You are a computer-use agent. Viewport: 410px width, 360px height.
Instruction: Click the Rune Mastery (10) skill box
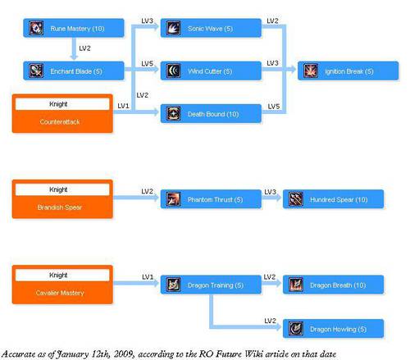74,28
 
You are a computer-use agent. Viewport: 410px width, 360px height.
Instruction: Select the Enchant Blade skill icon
36,71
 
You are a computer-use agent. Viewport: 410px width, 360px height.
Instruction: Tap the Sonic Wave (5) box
211,28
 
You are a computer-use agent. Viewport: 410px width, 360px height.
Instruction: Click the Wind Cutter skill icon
174,71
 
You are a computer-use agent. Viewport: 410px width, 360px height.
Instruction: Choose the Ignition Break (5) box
348,71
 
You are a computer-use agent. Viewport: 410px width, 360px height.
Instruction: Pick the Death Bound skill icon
174,113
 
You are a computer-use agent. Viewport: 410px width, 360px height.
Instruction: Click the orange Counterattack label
60,122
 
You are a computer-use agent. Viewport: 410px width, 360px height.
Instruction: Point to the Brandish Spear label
60,207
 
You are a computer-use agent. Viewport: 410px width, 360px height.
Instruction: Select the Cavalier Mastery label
60,293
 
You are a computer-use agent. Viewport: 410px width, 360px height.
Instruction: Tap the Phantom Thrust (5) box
211,199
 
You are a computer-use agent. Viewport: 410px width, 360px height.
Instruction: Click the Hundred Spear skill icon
296,199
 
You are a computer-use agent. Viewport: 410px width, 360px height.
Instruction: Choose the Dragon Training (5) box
211,285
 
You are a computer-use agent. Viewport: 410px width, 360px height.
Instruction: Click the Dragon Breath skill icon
296,285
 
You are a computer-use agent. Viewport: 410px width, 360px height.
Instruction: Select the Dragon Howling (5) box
333,329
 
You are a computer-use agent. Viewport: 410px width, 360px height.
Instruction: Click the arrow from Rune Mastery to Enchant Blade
74,48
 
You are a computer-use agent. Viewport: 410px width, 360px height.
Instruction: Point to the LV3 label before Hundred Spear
270,192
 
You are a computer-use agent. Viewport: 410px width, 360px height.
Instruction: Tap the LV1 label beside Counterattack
123,106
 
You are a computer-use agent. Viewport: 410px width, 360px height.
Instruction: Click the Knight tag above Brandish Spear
62,189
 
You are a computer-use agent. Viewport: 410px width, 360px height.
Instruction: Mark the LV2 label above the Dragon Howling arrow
270,321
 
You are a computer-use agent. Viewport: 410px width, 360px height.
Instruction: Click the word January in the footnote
72,354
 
